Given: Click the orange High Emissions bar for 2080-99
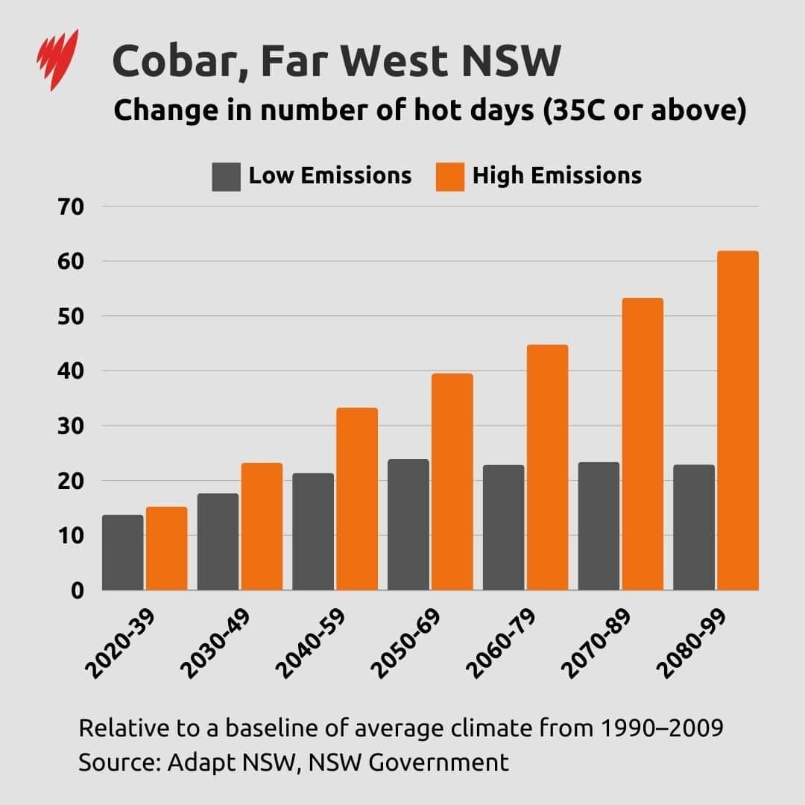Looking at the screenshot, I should pyautogui.click(x=738, y=421).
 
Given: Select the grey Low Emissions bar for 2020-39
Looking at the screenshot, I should pyautogui.click(x=123, y=552).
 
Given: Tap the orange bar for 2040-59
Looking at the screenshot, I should pyautogui.click(x=357, y=499).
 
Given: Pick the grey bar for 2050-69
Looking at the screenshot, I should pyautogui.click(x=408, y=525).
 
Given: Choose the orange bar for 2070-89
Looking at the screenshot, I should pyautogui.click(x=643, y=444).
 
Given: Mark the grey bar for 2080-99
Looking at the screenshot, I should pyautogui.click(x=694, y=528).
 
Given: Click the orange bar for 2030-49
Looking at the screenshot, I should pyautogui.click(x=262, y=526).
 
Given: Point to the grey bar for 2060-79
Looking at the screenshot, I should pyautogui.click(x=504, y=528).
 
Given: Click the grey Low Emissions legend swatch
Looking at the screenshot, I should pyautogui.click(x=226, y=177).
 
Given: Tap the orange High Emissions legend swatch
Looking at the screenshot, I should pyautogui.click(x=450, y=177).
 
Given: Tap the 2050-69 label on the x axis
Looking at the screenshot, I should pyautogui.click(x=408, y=644).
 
